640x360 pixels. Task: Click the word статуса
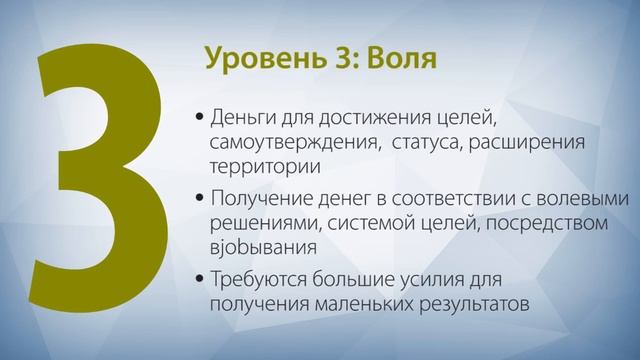point(426,144)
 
